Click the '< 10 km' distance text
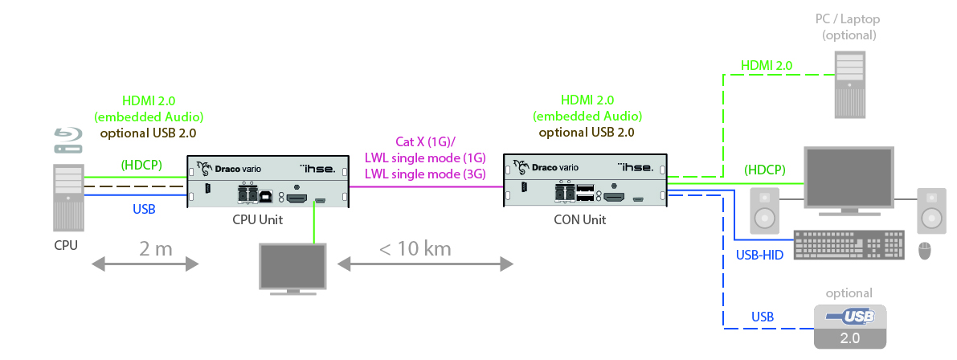pos(415,248)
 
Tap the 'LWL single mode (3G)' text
pos(426,172)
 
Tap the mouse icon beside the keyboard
pos(924,250)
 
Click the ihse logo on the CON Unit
pos(636,168)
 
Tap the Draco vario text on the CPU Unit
pos(238,169)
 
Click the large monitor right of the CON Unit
pos(849,182)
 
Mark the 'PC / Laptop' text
pos(849,19)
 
